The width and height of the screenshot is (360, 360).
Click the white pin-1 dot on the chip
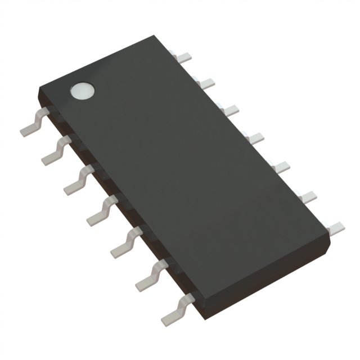[x=82, y=90]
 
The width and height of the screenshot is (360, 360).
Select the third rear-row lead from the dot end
[x=228, y=110]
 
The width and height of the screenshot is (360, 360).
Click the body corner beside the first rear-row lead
[x=155, y=37]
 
